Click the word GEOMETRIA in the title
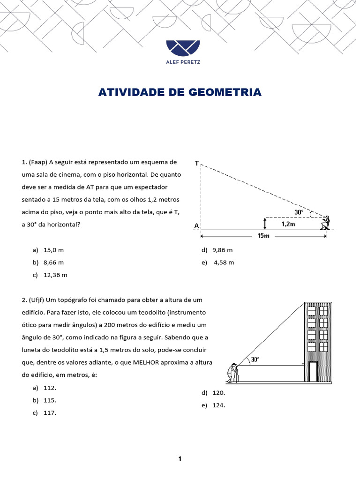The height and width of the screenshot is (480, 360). pyautogui.click(x=225, y=92)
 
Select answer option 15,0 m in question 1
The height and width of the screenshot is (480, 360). pyautogui.click(x=53, y=250)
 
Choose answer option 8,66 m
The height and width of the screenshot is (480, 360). pyautogui.click(x=53, y=262)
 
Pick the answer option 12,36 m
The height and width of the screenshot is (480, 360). pyautogui.click(x=55, y=275)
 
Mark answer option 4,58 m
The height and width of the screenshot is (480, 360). pyautogui.click(x=223, y=262)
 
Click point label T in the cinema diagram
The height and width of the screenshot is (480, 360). pyautogui.click(x=197, y=164)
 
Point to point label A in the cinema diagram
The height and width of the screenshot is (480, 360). pyautogui.click(x=196, y=225)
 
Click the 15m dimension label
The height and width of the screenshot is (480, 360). pyautogui.click(x=263, y=236)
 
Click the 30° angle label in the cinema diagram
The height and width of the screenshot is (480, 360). pyautogui.click(x=299, y=212)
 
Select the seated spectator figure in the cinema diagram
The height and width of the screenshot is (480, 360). pyautogui.click(x=324, y=223)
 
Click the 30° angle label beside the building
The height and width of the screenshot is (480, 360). pyautogui.click(x=255, y=360)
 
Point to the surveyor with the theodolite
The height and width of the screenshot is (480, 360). pyautogui.click(x=233, y=373)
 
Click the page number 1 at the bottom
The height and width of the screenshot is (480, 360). pyautogui.click(x=180, y=459)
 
